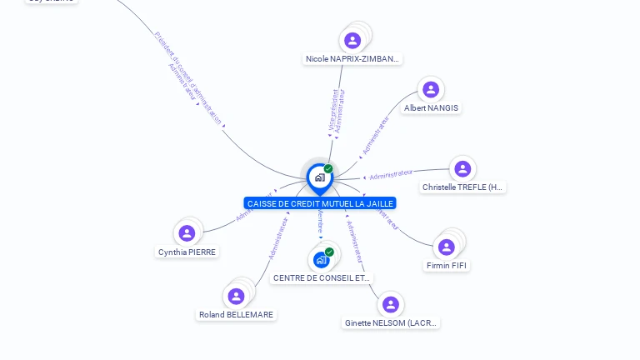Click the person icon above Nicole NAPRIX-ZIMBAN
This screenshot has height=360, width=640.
coord(352,40)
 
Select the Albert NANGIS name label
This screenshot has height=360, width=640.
coord(431,108)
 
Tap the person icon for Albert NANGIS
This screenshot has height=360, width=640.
coord(430,89)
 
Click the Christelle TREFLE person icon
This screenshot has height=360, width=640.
coord(462,169)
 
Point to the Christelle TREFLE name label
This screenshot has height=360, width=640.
coord(462,187)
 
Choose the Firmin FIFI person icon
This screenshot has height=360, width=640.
coord(447,247)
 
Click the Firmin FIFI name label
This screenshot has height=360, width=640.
coord(447,266)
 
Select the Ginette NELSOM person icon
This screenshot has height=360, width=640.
coord(390,304)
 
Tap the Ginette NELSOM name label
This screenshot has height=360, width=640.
coord(391,322)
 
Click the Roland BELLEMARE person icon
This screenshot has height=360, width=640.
coord(236,296)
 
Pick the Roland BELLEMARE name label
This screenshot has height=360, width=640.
coord(236,315)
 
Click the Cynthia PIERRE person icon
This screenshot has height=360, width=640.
coord(187,233)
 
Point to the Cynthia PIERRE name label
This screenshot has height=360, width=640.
coord(187,252)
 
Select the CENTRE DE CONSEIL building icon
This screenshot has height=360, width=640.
coord(321,259)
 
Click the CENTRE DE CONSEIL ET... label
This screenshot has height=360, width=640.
coord(322,277)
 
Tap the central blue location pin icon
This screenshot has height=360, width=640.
coord(319,177)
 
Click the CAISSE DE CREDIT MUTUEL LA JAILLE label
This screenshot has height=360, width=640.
coord(320,203)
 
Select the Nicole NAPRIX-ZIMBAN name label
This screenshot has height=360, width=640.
coord(352,59)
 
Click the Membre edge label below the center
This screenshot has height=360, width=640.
coord(321,223)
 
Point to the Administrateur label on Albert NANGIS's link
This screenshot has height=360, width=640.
coord(377,135)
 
